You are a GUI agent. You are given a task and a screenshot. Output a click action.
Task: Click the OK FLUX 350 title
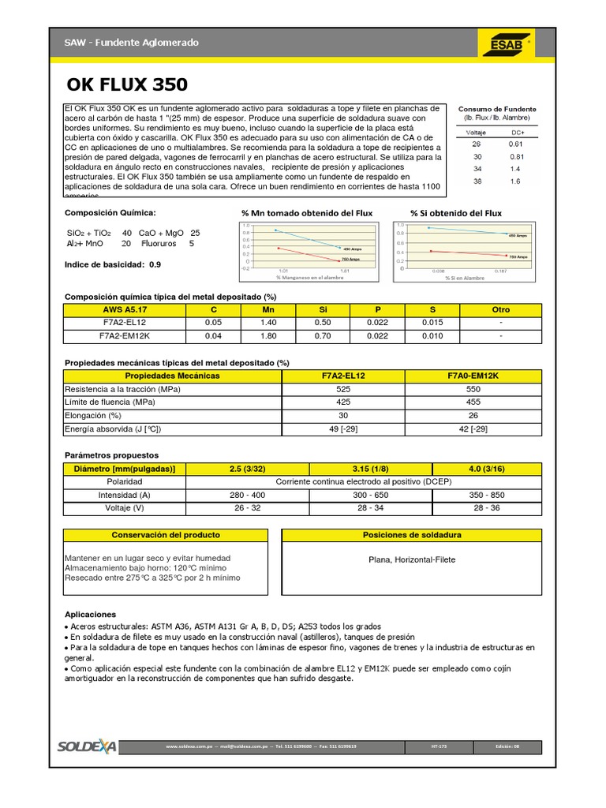127,84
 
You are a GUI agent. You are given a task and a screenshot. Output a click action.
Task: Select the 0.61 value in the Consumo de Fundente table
515,144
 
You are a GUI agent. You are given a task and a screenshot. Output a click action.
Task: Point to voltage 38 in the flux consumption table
476,181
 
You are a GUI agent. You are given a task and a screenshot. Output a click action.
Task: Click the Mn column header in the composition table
267,309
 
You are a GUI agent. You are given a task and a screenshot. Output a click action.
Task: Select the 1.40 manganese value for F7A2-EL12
267,323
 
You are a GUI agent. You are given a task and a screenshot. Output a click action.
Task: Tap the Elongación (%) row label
93,415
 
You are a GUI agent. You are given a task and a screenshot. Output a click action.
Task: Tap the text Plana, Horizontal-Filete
412,560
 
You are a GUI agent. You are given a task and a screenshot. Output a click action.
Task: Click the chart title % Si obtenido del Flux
455,213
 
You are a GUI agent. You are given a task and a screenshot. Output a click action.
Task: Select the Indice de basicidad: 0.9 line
112,264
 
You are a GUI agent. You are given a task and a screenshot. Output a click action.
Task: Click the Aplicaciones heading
90,614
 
